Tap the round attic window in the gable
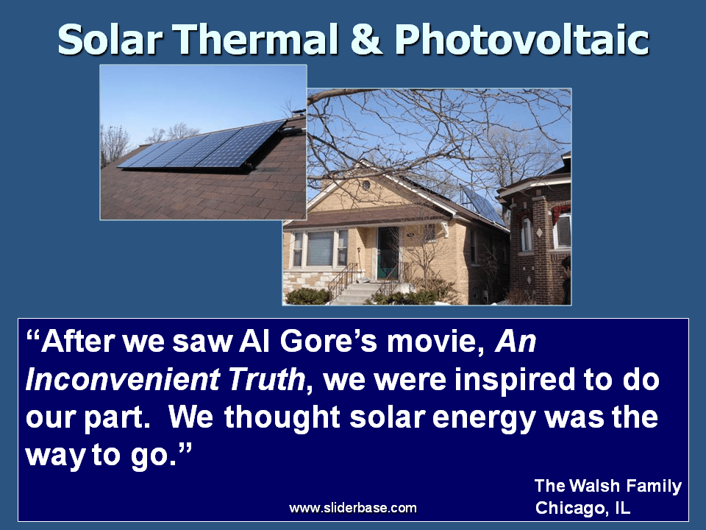point(366,184)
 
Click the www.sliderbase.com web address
point(353,508)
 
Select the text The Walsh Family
point(608,486)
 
